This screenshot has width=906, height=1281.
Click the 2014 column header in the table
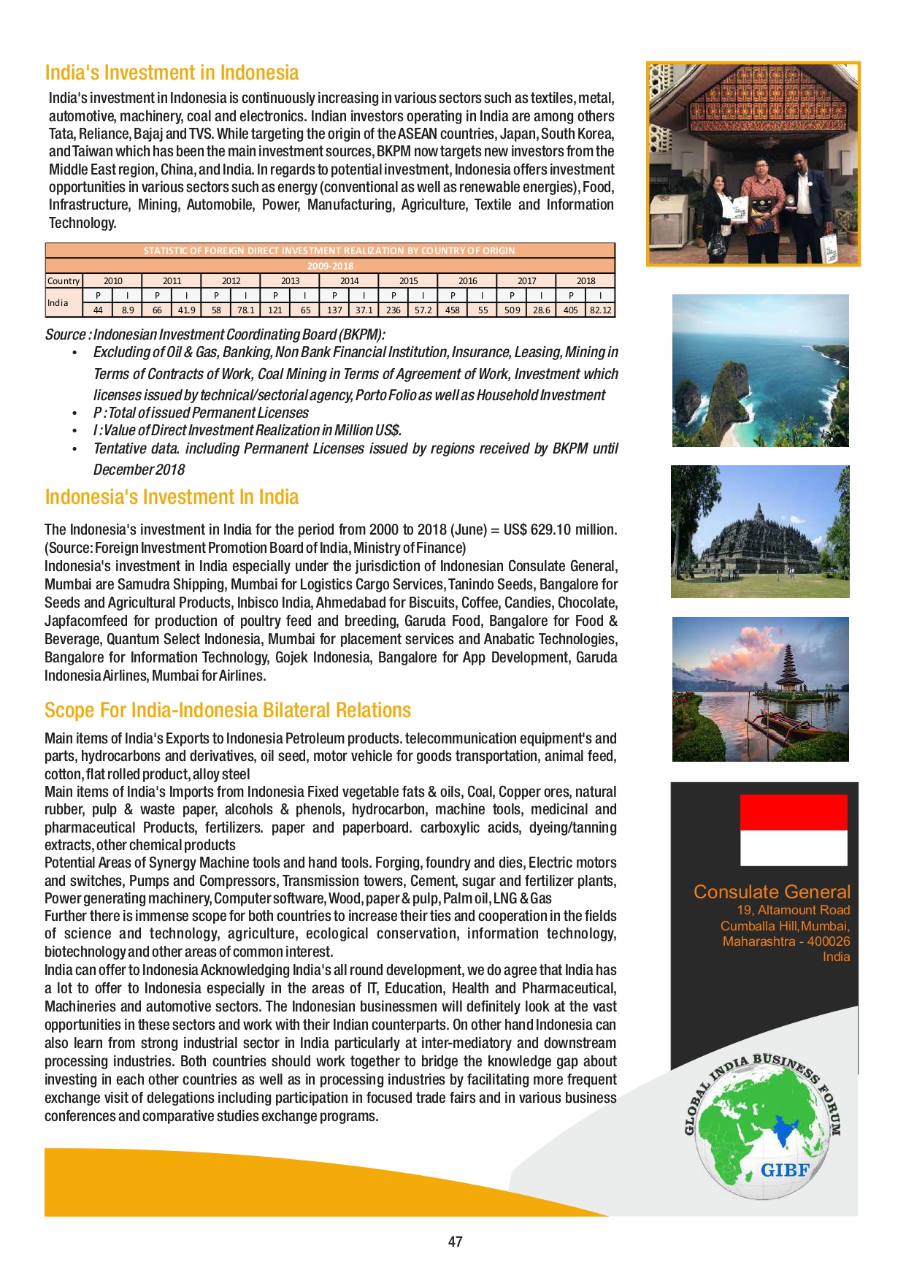349,280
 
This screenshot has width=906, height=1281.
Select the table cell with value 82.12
600,310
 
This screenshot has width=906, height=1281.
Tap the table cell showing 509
512,310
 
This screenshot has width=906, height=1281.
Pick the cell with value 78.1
245,310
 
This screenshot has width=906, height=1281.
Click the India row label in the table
58,302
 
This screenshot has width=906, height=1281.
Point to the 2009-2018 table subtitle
330,266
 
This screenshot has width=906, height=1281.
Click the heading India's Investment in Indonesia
172,73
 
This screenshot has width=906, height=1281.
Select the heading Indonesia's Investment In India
172,497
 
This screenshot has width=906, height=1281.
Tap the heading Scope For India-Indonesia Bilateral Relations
228,711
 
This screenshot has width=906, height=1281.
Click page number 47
455,1242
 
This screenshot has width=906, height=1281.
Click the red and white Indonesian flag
794,830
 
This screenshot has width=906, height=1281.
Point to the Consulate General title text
772,892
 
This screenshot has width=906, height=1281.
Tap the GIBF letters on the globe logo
785,1170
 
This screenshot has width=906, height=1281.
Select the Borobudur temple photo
760,532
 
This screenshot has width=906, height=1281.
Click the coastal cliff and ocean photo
760,370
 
